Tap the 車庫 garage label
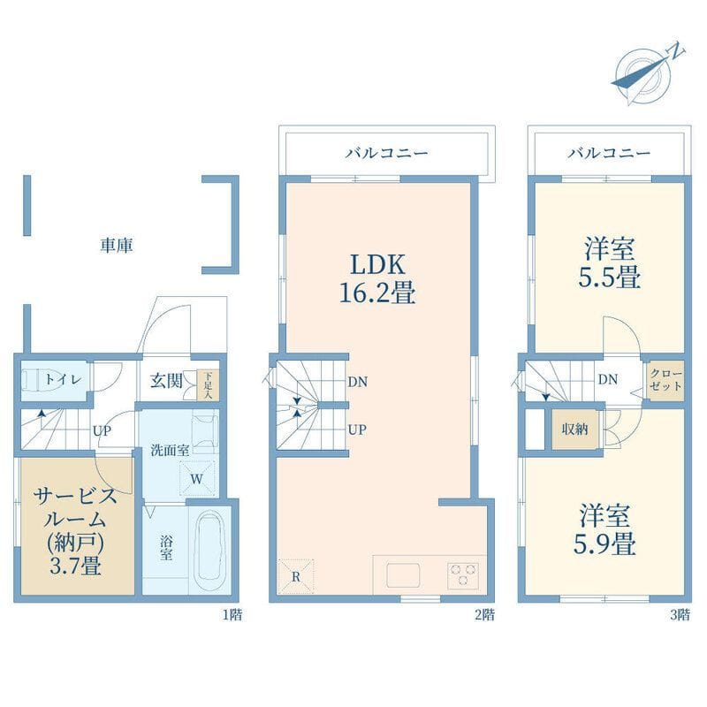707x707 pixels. tap(117, 246)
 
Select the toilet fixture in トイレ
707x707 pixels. tap(34, 379)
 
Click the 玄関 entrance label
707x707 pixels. tap(166, 381)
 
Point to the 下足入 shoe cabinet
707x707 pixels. tap(208, 385)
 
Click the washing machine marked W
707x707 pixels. tap(197, 478)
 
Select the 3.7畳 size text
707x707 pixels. tap(75, 566)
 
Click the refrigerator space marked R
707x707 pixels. tap(296, 577)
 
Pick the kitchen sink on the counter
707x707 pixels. tap(403, 575)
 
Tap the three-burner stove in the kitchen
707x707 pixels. tap(463, 575)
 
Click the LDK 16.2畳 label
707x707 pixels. tap(377, 278)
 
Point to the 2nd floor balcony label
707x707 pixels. tap(386, 153)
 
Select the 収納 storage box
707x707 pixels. tap(575, 429)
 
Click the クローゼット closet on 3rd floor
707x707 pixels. tap(665, 380)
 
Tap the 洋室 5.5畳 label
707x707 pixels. tap(610, 263)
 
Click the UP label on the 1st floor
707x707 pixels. tap(102, 431)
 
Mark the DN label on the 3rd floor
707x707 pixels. tap(608, 380)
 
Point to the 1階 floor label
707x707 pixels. tap(232, 614)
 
